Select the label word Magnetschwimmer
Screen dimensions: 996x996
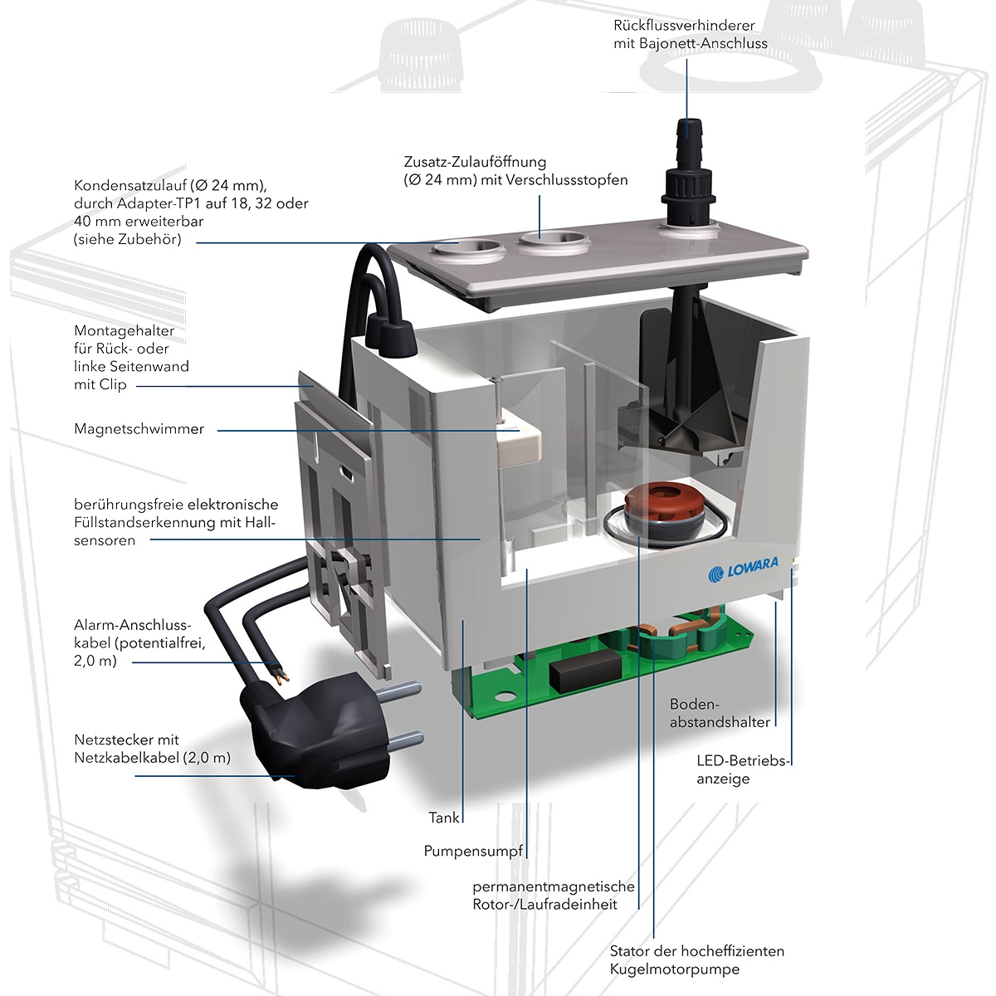coord(139,429)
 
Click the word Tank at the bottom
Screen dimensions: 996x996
coord(444,818)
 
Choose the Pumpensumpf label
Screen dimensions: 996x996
coord(474,851)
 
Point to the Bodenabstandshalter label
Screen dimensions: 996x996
coord(719,713)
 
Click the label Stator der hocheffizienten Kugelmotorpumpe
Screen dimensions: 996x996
coord(696,959)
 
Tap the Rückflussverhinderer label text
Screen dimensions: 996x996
coord(690,34)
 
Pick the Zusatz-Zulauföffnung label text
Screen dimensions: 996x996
coord(515,170)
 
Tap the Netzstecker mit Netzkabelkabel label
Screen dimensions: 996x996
coord(152,749)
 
